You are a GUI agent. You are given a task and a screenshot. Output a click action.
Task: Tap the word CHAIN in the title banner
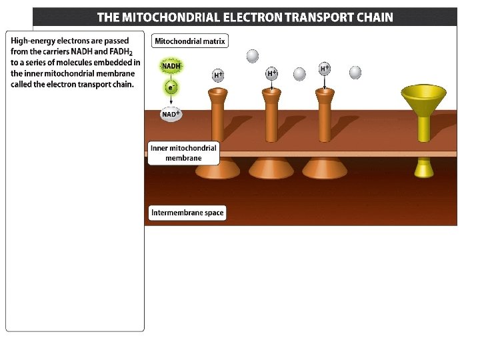[370, 17]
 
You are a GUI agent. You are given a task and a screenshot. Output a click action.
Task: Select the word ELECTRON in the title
[250, 17]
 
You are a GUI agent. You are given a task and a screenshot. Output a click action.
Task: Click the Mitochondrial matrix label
[190, 41]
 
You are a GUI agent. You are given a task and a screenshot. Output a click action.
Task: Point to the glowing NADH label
[171, 66]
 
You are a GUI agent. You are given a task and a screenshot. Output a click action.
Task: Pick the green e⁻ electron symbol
[171, 87]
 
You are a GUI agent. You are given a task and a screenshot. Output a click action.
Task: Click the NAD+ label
[171, 114]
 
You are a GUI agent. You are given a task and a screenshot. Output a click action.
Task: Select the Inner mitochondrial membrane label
[183, 153]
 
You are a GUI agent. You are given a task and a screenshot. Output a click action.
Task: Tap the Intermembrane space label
[187, 213]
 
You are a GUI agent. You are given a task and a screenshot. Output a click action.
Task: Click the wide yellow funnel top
[424, 94]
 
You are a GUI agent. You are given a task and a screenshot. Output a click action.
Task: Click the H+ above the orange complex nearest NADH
[218, 75]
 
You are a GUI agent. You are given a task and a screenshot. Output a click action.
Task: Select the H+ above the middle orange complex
[271, 73]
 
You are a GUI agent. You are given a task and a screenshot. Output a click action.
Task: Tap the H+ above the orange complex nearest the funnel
[325, 68]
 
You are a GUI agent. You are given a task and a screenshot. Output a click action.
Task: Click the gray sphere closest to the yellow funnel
[355, 72]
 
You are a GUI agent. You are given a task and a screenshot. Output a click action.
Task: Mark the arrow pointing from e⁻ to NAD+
[171, 100]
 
